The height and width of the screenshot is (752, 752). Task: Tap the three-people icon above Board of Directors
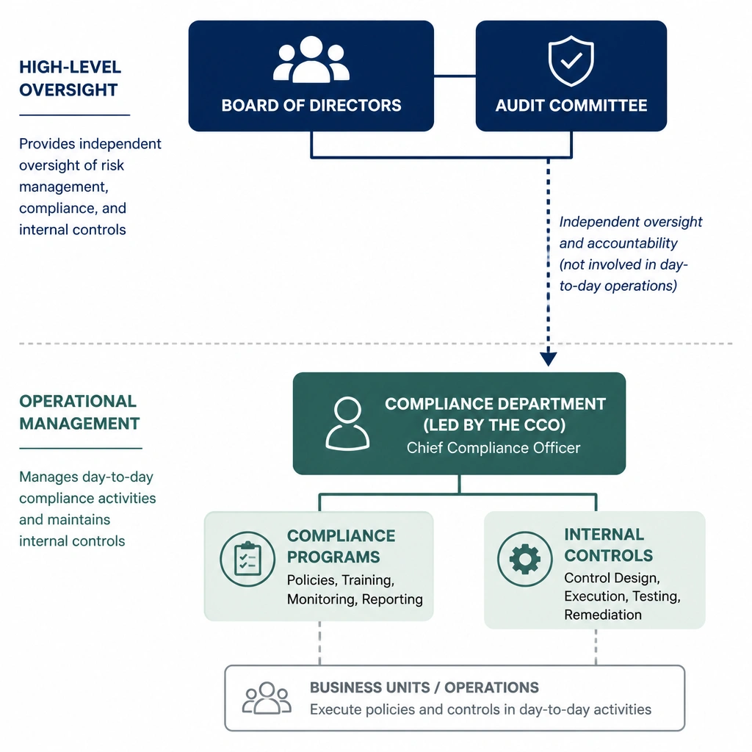pos(311,59)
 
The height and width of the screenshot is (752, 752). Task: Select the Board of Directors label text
pos(311,106)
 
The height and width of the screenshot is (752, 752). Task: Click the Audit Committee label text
pos(571,106)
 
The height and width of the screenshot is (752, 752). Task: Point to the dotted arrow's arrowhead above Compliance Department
pos(548,359)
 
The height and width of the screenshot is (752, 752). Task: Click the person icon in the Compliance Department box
pos(347,424)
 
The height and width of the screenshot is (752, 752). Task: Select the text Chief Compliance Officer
pos(493,448)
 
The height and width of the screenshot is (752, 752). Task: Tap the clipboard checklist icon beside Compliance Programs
pos(247,559)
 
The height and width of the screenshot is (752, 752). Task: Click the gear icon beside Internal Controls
pos(524,559)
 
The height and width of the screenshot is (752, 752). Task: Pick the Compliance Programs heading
pos(341,546)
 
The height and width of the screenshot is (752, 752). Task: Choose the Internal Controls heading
pos(609,545)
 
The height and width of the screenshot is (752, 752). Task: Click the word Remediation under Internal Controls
pos(603,615)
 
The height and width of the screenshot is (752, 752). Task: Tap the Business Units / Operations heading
pos(424,687)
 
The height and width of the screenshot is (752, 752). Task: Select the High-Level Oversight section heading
pos(70,78)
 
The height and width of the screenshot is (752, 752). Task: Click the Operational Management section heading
pos(79,413)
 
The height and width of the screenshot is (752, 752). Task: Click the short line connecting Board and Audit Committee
pos(455,76)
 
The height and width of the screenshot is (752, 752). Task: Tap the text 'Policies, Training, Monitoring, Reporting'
pos(355,590)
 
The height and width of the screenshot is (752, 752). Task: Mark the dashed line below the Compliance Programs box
pos(320,643)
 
